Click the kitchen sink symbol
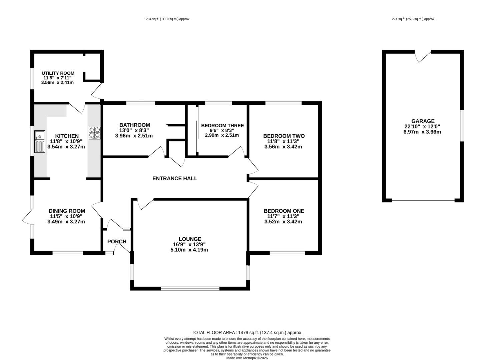pos(40,142)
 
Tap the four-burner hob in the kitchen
pos(95,133)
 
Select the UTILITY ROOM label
pos(58,73)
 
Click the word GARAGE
pos(423,121)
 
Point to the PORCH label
pos(117,242)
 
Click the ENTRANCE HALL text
pos(175,178)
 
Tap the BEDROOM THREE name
pos(222,126)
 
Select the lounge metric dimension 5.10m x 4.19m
pos(190,250)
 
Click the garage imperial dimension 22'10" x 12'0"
pos(422,127)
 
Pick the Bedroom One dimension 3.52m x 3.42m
pos(283,222)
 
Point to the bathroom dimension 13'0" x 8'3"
pos(134,130)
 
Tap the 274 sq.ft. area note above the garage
pos(414,19)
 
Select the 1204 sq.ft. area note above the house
pos(167,19)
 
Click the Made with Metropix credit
pos(247,358)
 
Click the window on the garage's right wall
pos(462,126)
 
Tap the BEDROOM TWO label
pos(284,136)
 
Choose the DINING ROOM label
pos(67,211)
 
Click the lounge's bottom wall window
pos(190,288)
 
